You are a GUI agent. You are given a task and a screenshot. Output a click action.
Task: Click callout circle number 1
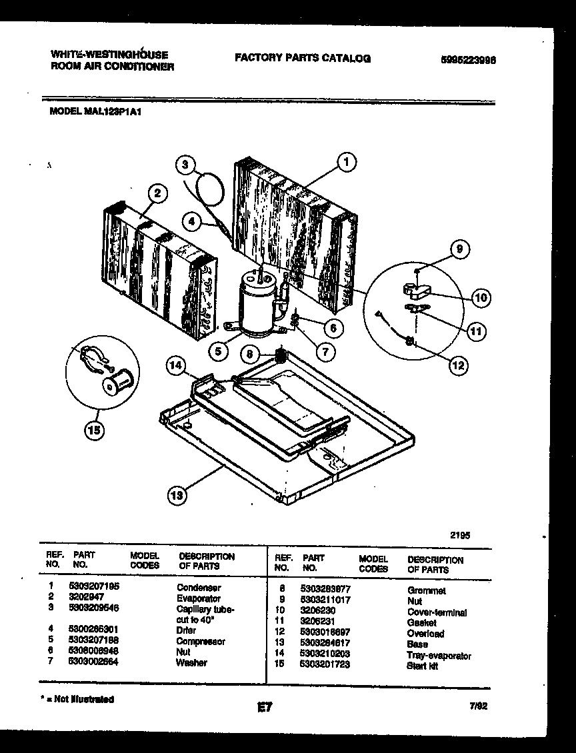[345, 161]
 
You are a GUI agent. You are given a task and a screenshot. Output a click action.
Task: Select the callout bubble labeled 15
[94, 431]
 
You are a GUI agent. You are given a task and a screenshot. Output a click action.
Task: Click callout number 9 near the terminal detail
[459, 249]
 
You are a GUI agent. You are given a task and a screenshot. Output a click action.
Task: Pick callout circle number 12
[458, 365]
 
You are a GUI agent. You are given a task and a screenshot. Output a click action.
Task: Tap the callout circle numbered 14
[175, 365]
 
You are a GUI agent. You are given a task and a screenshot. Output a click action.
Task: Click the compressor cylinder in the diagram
[257, 306]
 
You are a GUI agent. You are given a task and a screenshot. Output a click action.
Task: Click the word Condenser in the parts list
[198, 588]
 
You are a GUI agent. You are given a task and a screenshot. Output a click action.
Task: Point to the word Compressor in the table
[201, 641]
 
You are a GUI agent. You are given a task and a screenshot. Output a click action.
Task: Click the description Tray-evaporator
[438, 656]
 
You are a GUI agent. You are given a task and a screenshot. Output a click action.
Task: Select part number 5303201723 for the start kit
[325, 664]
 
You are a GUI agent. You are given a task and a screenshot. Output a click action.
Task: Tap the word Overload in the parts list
[425, 634]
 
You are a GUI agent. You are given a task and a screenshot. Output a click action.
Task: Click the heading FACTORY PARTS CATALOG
[302, 58]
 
